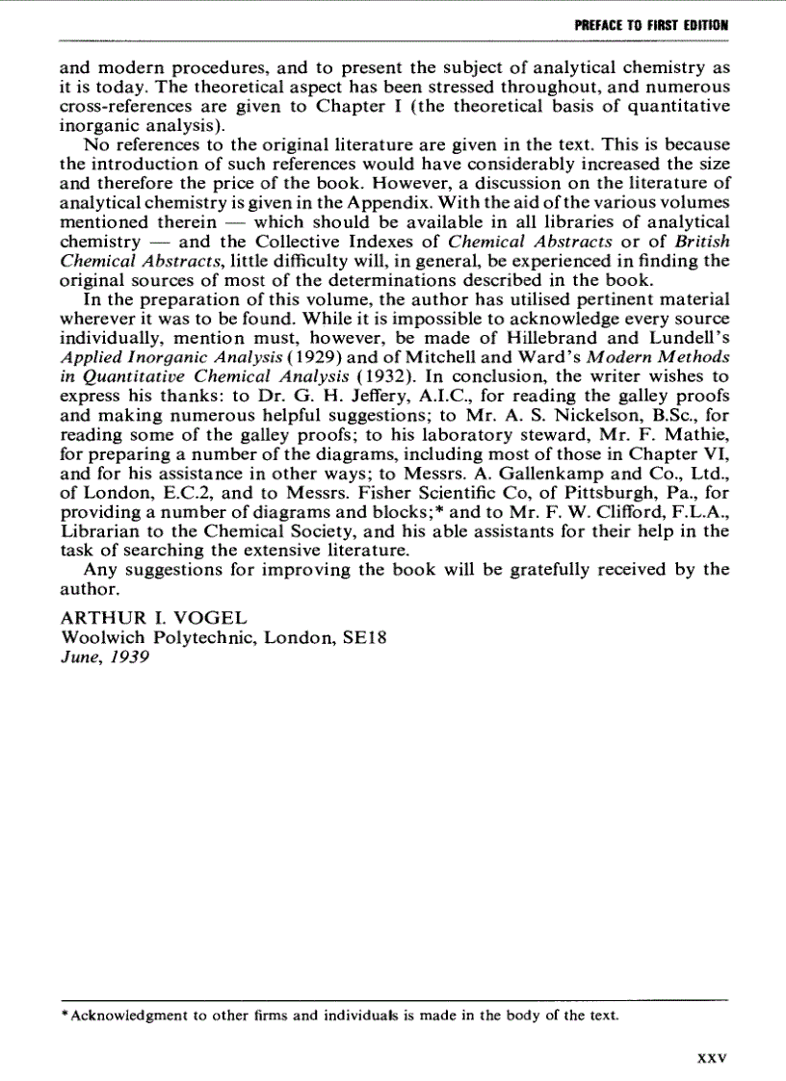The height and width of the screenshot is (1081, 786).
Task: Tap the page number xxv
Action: [x=710, y=1057]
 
